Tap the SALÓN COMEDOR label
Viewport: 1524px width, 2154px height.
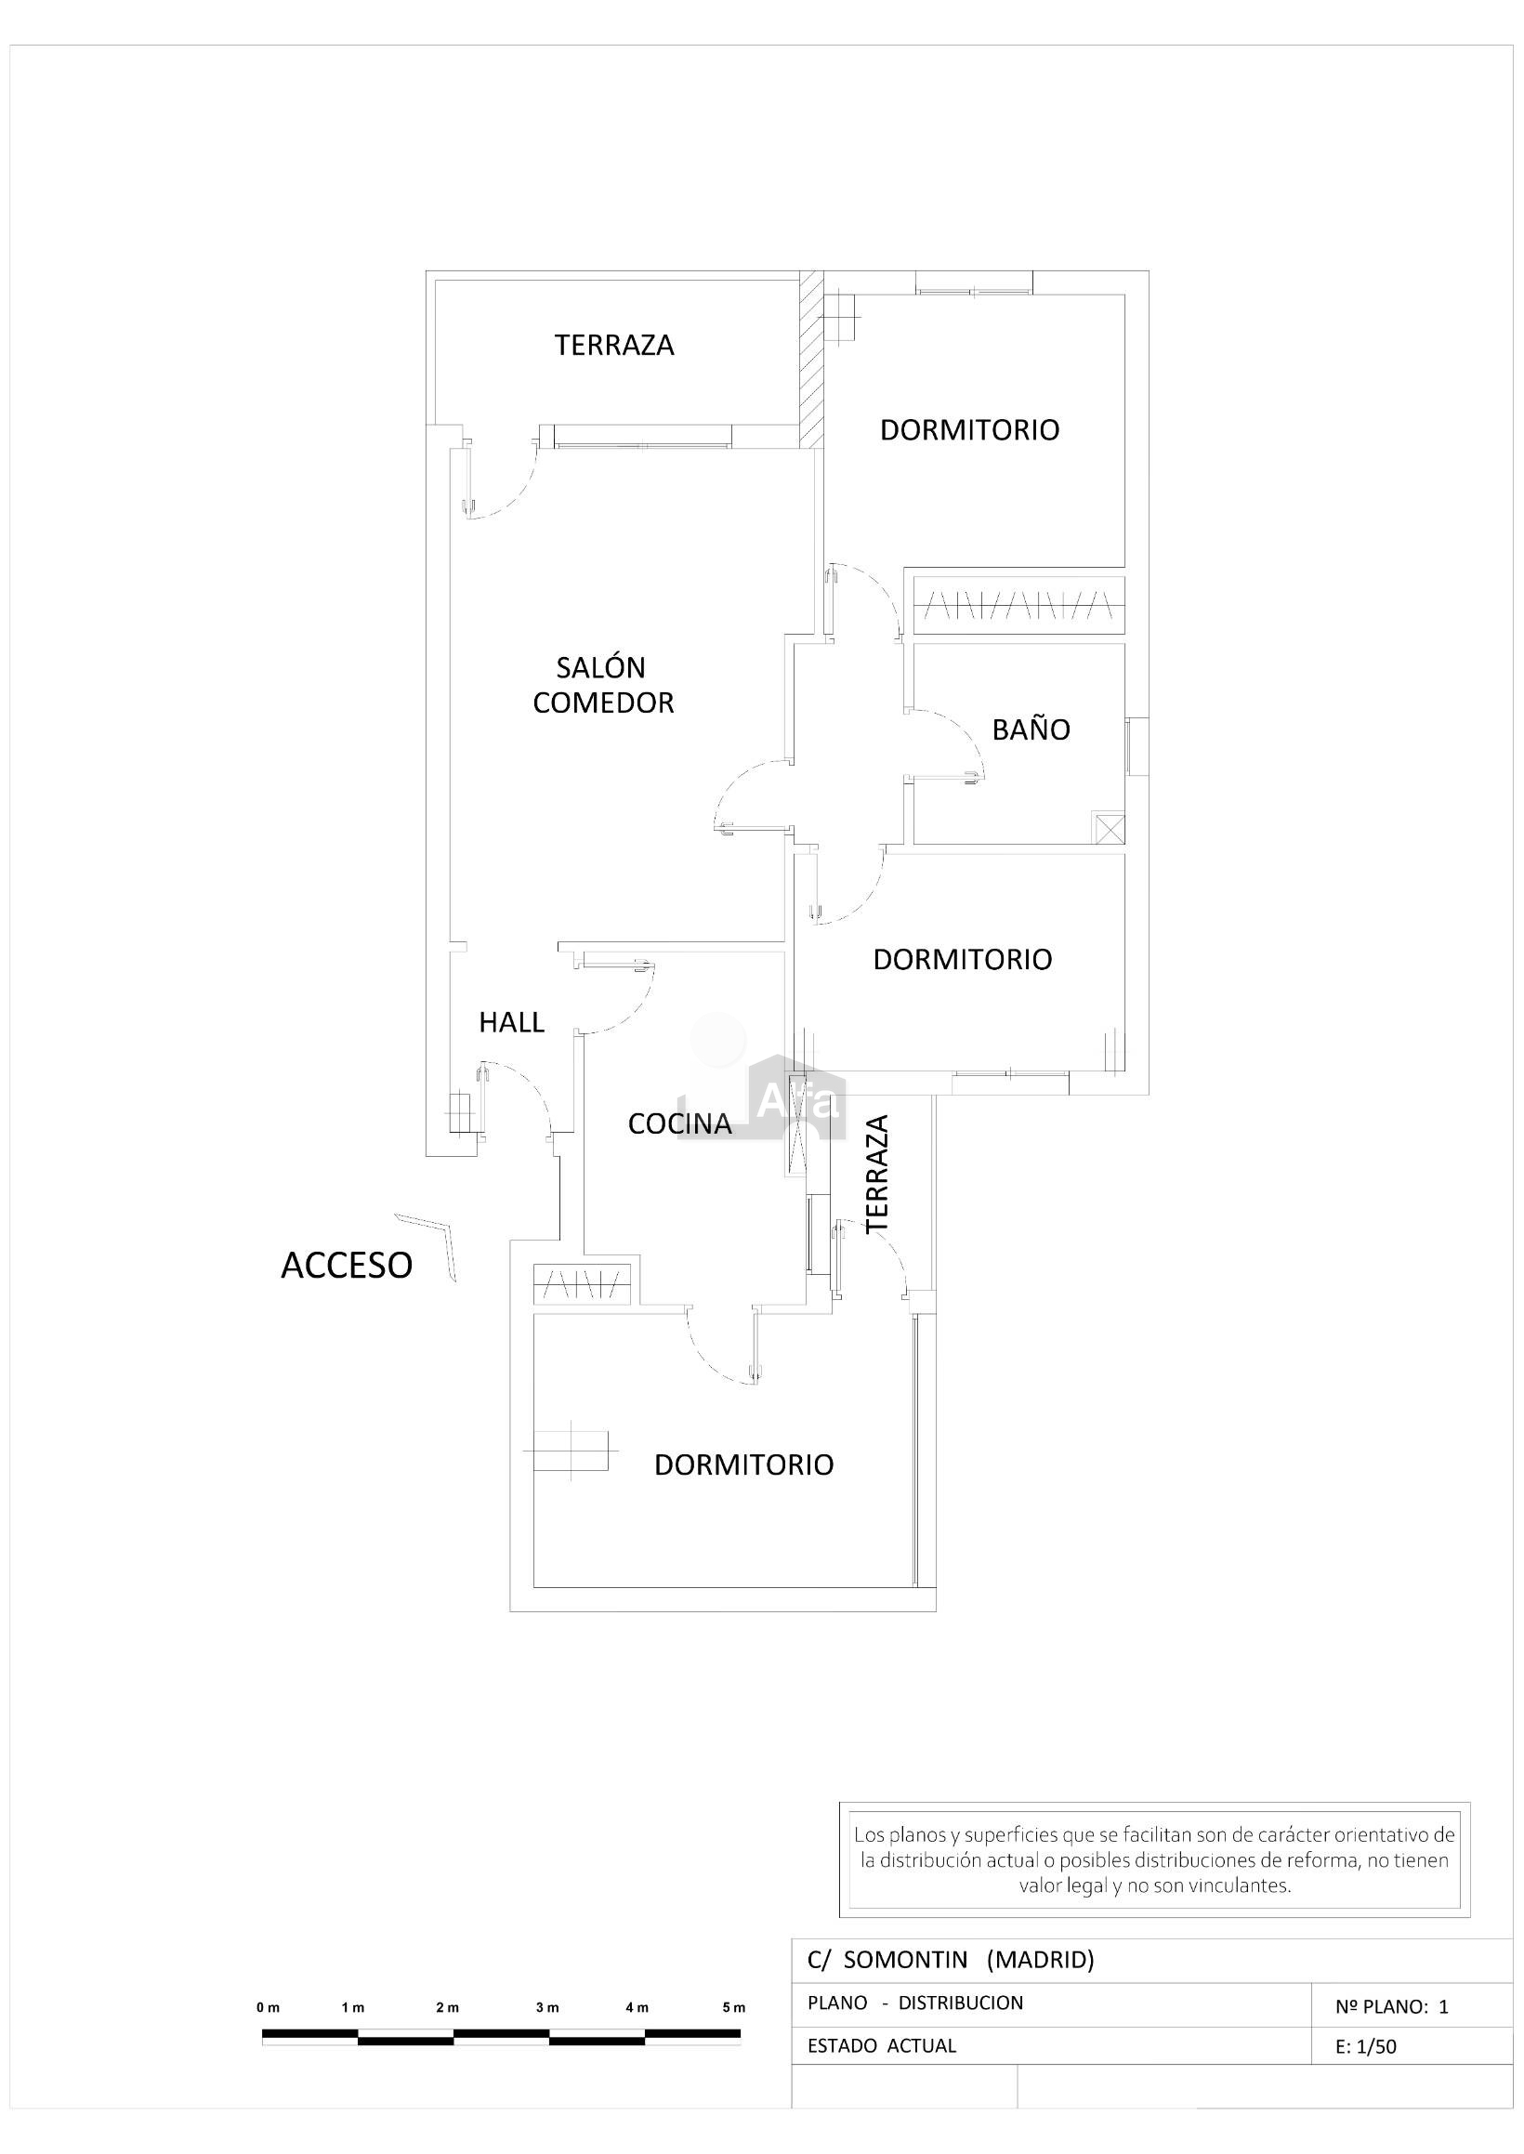pos(603,685)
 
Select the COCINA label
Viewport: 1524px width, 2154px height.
pos(679,1123)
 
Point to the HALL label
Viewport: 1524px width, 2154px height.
pos(511,1021)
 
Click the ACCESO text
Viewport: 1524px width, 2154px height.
pos(347,1266)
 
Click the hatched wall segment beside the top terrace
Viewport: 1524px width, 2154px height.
pos(811,360)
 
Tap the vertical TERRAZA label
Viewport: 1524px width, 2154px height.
pos(876,1174)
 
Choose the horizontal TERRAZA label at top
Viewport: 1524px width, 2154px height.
pos(613,346)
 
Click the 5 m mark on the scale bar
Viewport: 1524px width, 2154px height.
pos(734,2008)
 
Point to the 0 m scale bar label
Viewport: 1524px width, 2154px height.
pos(268,2008)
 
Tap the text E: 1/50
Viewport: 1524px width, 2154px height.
pos(1365,2047)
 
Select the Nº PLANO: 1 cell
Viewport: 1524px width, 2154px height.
pos(1392,2006)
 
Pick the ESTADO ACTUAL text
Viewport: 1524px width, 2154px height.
pos(881,2045)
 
